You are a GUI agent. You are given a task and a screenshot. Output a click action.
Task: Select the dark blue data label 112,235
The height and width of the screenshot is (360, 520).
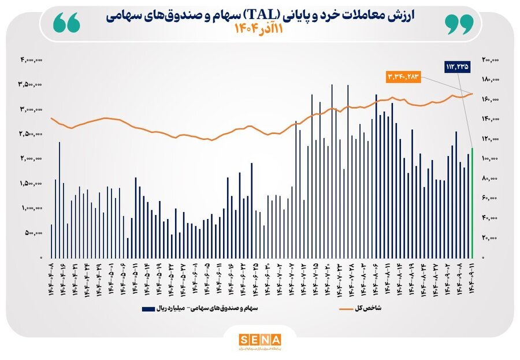click(x=458, y=66)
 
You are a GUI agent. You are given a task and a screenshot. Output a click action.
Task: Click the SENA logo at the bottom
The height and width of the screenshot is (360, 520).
click(x=259, y=339)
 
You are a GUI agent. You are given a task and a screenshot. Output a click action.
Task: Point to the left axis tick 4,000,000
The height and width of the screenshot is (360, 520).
click(x=32, y=60)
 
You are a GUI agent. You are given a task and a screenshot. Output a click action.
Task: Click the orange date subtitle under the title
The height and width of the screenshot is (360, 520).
click(x=259, y=29)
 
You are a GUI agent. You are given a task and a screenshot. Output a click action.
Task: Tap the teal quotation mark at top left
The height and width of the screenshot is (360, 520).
click(x=66, y=23)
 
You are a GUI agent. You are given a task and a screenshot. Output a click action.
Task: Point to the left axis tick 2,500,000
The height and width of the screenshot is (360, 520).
click(x=32, y=134)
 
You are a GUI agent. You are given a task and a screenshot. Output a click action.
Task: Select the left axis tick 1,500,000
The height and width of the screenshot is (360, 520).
click(x=32, y=184)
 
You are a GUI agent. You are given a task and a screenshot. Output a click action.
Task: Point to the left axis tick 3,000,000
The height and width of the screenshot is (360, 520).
click(x=32, y=109)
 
